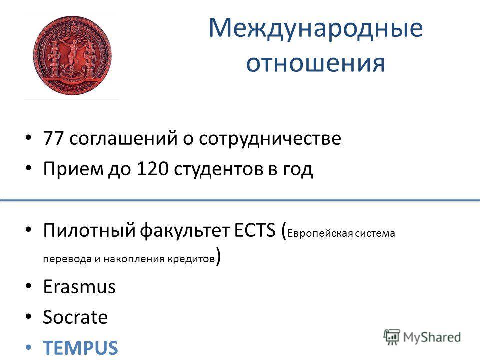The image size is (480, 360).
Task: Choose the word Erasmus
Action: [80, 287]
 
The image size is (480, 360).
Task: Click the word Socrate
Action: [75, 318]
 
